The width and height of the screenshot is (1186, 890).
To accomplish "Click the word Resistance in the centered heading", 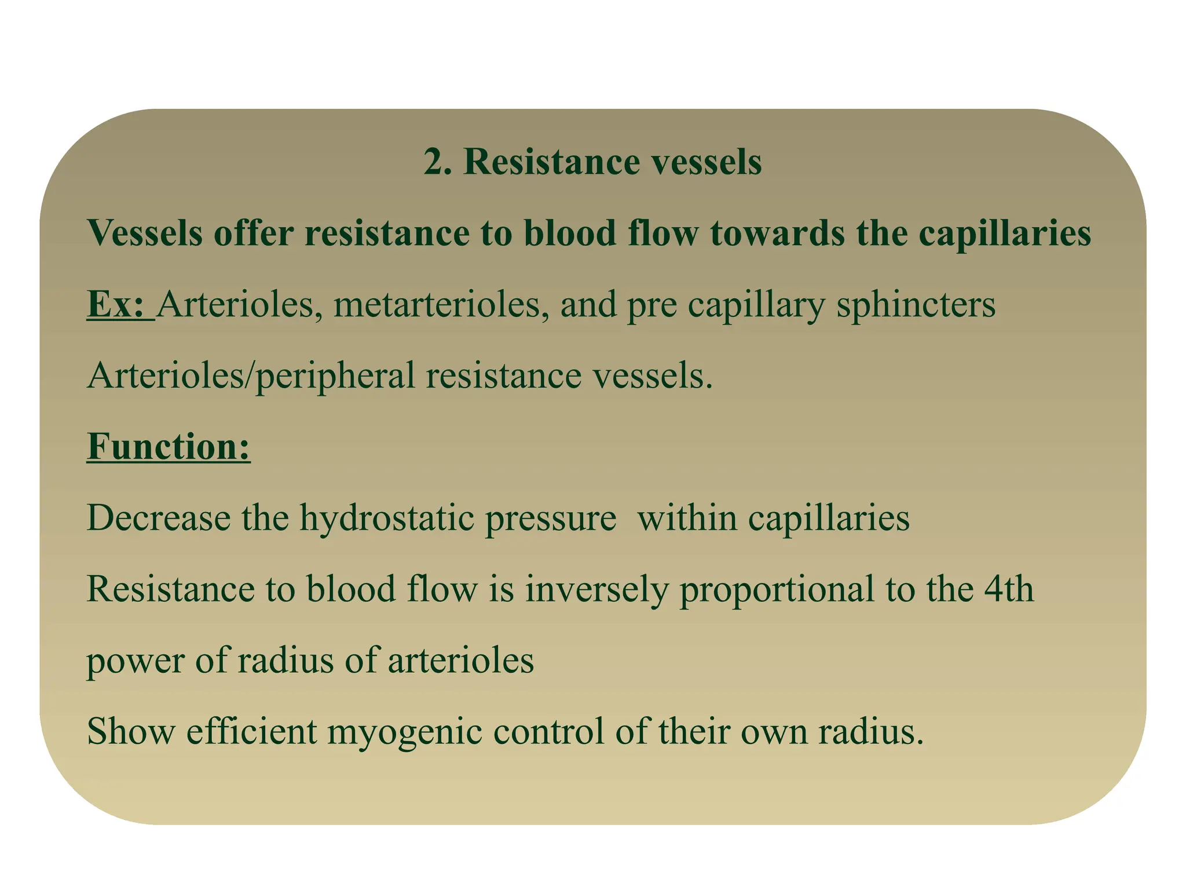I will [x=551, y=162].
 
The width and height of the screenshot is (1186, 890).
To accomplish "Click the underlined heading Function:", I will [x=169, y=447].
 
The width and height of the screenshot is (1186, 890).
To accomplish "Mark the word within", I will [x=687, y=517].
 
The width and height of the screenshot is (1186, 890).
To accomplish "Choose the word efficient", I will [x=251, y=731].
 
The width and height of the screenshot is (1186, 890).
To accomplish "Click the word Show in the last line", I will [x=130, y=731].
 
